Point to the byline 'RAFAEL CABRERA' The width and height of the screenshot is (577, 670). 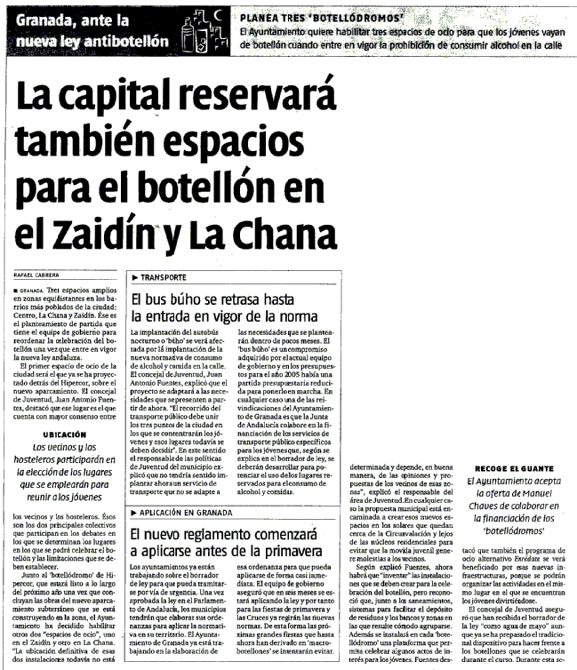pos(44,275)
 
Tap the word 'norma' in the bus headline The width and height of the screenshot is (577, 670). pos(295,315)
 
